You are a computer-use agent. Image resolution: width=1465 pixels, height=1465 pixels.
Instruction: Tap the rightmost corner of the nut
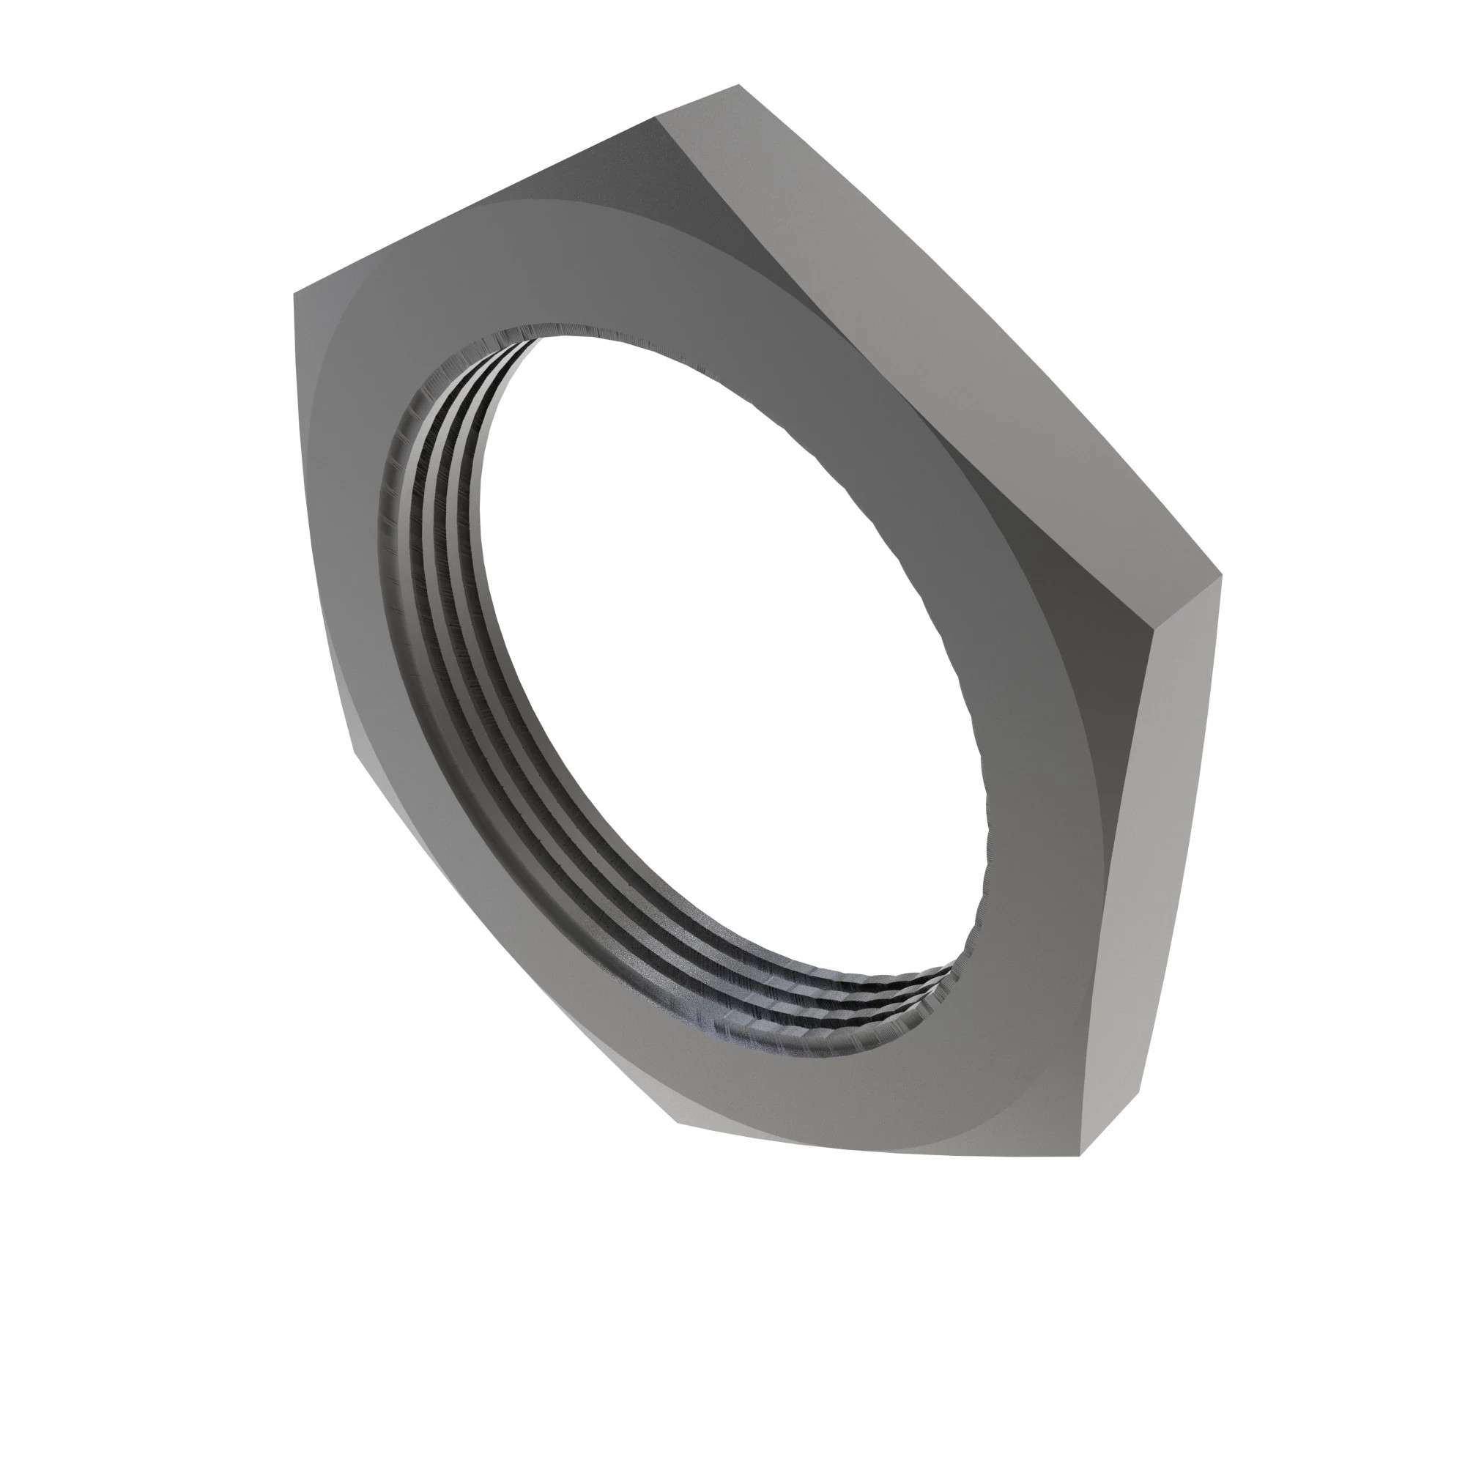tap(1222, 576)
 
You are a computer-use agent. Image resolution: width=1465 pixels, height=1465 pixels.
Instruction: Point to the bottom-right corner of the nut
tap(1080, 1156)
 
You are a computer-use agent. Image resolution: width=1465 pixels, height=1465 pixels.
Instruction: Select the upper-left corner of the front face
tap(294, 293)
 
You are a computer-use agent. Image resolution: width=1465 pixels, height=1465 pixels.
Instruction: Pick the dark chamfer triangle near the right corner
tap(1099, 629)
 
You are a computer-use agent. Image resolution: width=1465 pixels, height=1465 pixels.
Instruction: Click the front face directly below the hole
tap(834, 1092)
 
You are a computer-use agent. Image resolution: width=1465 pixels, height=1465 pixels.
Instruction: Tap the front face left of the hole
tap(341, 531)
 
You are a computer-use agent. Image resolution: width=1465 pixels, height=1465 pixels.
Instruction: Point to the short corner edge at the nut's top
tap(697, 101)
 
